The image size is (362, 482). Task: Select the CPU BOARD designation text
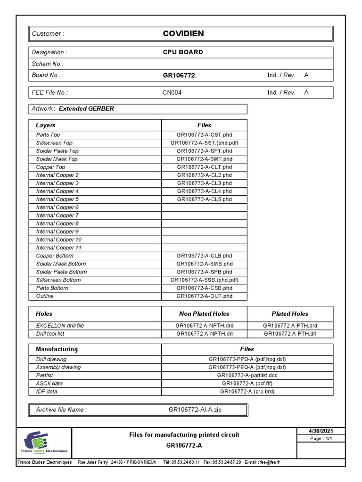(x=183, y=52)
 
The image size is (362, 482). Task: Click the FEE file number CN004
(x=172, y=93)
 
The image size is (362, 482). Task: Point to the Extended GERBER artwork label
(x=86, y=109)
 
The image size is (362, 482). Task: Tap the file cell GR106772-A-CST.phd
(x=204, y=135)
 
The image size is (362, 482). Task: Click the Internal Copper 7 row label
(x=57, y=216)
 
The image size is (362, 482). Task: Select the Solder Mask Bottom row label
(x=61, y=264)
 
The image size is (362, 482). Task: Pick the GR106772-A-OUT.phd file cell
(x=204, y=296)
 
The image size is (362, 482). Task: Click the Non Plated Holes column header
(x=204, y=313)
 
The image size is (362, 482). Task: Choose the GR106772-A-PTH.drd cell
(x=290, y=325)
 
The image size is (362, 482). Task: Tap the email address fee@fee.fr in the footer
(x=271, y=462)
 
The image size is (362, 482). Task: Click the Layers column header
(x=46, y=125)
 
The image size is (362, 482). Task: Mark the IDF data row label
(x=47, y=391)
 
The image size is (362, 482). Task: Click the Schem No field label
(x=47, y=64)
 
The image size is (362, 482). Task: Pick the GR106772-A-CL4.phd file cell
(x=204, y=191)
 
